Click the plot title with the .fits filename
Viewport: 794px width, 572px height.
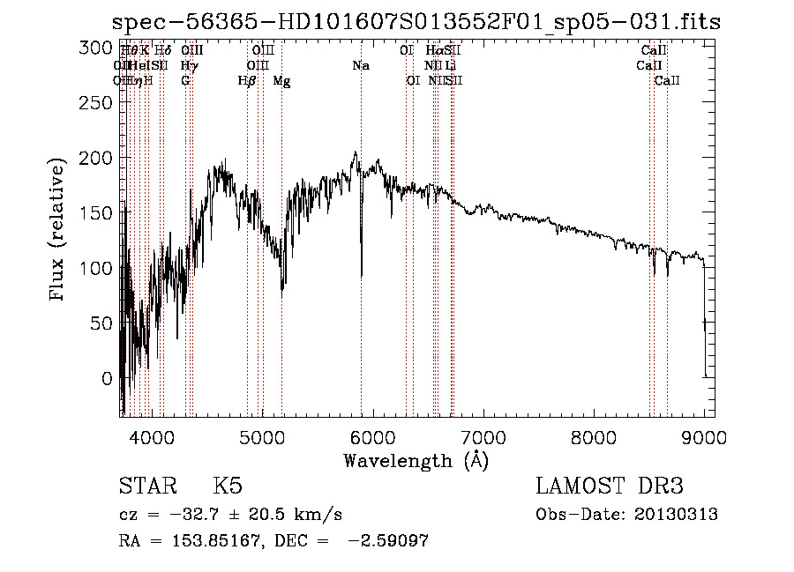point(418,22)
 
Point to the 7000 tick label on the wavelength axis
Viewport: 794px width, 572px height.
point(483,437)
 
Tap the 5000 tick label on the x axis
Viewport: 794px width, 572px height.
point(262,437)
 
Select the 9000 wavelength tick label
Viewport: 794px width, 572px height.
point(704,437)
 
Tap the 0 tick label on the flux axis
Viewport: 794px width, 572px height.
point(108,378)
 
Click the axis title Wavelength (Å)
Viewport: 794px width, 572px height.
point(416,460)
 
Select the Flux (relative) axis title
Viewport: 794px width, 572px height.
point(59,231)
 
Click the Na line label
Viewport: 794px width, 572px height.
point(360,65)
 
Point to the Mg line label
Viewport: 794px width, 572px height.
point(281,81)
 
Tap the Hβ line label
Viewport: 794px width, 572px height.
point(247,80)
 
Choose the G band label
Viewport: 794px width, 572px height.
point(185,80)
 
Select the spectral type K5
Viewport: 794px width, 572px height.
point(227,487)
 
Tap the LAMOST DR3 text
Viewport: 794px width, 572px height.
point(609,487)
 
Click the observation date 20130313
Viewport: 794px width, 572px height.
point(675,515)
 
